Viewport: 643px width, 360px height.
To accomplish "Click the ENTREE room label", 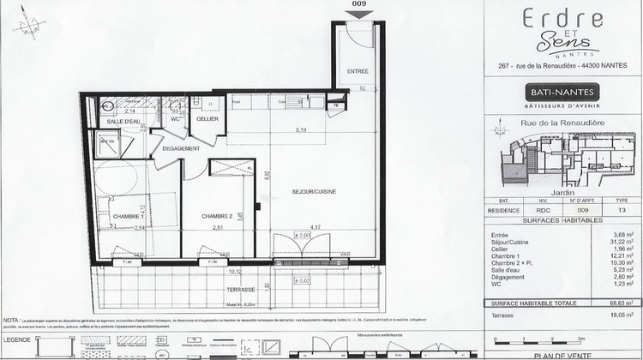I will pyautogui.click(x=357, y=69).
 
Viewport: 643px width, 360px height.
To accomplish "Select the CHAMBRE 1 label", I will pyautogui.click(x=124, y=216).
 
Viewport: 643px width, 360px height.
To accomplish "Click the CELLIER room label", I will pyautogui.click(x=207, y=118).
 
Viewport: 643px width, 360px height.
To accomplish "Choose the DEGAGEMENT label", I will pyautogui.click(x=181, y=148).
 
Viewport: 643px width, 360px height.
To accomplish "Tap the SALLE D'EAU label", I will pyautogui.click(x=123, y=123).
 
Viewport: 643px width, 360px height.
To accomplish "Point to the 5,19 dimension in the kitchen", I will pyautogui.click(x=300, y=129).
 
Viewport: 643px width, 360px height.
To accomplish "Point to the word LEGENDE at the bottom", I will pyautogui.click(x=27, y=340).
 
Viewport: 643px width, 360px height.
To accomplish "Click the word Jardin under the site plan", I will pyautogui.click(x=562, y=193).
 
